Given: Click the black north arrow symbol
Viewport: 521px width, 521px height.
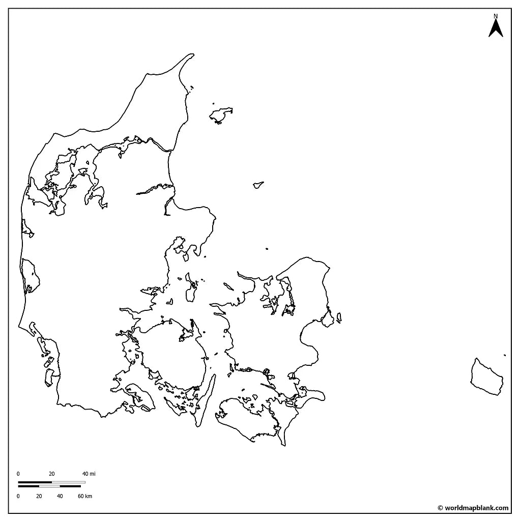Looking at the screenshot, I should pos(496,28).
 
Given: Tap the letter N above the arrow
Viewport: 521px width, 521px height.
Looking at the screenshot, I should pos(496,16).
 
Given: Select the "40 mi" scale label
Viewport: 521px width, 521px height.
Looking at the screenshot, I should pos(89,474).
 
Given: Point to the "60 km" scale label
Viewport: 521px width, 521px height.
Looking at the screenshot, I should pos(85,496).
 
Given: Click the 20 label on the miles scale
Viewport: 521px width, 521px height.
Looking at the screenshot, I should pos(52,474).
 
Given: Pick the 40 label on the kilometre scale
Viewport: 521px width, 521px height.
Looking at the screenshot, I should pos(60,496).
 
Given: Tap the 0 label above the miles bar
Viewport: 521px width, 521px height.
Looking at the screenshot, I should pos(18,474).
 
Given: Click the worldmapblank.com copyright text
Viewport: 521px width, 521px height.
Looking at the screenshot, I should pos(473,508).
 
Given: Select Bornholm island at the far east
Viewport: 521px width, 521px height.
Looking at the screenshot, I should pos(486,377).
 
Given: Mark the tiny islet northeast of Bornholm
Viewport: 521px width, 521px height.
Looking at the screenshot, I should pos(505,355).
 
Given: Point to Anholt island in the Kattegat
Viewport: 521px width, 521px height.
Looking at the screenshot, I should pos(258,185).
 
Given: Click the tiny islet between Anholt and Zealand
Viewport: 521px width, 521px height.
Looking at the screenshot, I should pos(267,249).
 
